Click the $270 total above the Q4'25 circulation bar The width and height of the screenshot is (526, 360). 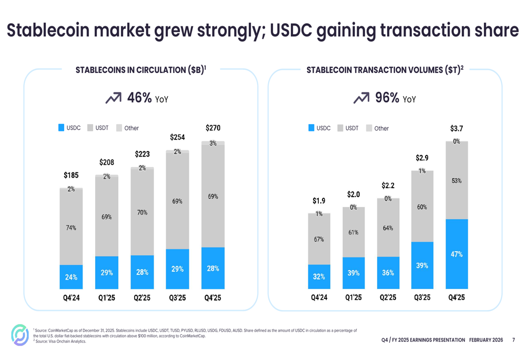pos(213,128)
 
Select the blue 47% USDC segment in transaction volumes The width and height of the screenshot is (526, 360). pos(457,254)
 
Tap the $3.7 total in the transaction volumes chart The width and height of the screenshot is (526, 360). pos(457,128)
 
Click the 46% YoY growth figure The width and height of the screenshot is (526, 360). pos(139,98)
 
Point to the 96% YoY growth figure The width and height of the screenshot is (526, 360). pos(387,98)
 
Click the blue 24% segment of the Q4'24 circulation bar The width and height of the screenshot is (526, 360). pos(71,277)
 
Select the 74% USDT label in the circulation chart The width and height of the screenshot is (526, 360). pos(71,228)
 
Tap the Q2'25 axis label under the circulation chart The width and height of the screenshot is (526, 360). pos(142,297)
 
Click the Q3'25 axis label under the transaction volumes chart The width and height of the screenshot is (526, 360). pos(422,297)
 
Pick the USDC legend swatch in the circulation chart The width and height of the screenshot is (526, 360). pos(62,128)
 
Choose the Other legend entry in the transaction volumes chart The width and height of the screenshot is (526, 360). pos(381,128)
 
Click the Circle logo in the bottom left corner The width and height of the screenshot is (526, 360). pos(20,335)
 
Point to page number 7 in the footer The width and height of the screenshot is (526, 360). pos(513,340)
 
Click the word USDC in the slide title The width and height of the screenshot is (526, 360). pos(294,31)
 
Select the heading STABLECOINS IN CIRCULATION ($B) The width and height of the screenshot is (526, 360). pos(140,70)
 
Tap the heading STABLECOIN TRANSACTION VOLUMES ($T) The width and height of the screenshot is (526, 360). pos(385,70)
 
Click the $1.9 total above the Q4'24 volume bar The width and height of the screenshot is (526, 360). pos(319,201)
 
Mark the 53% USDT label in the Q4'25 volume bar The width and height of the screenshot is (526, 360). pos(457,181)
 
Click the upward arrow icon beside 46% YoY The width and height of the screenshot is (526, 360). pos(113,98)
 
